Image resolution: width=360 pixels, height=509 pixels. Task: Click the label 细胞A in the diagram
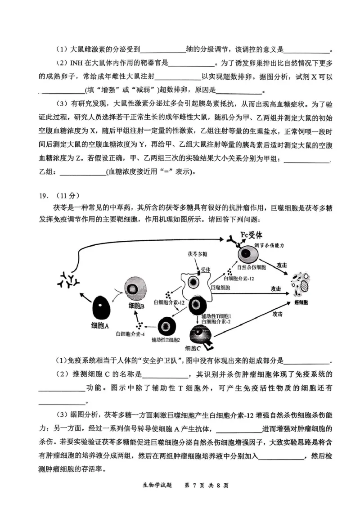99,325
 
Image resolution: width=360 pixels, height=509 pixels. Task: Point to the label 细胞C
193,348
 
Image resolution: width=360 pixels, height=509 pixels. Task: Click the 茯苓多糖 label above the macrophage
198,254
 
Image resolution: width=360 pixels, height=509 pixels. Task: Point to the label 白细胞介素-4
130,333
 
